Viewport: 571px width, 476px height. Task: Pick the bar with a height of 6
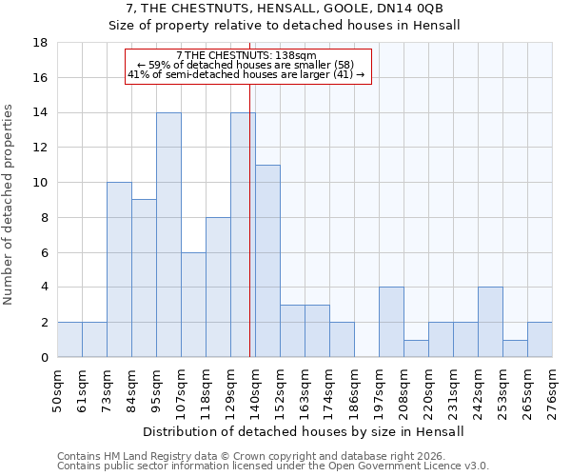click(193, 305)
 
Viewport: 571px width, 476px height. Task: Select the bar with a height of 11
click(267, 261)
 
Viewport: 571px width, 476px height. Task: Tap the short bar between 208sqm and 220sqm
click(416, 348)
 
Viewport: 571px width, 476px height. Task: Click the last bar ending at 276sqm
click(540, 340)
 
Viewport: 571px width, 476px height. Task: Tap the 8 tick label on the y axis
click(42, 217)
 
